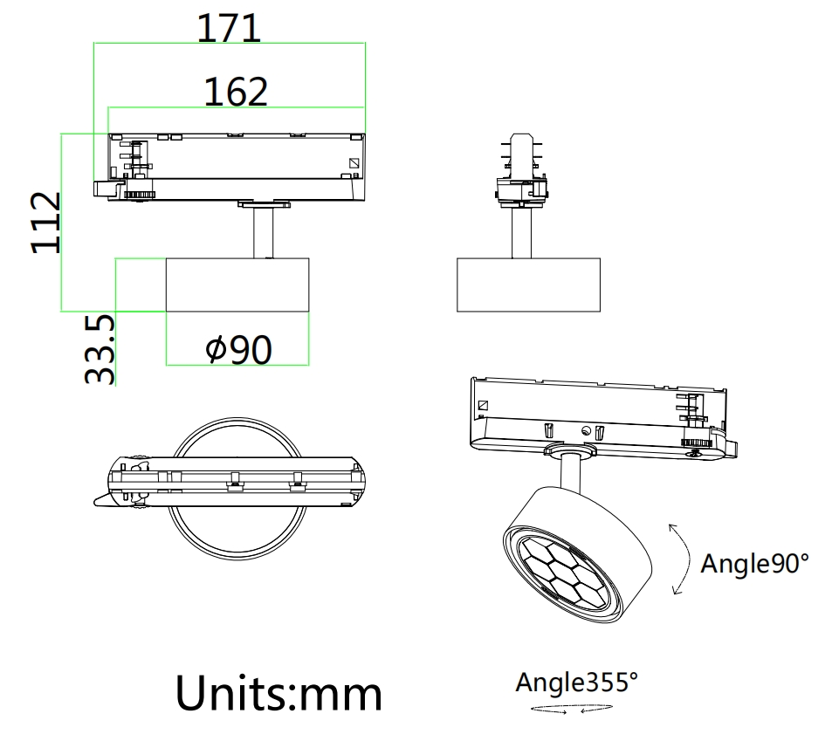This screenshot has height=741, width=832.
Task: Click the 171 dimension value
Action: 229,28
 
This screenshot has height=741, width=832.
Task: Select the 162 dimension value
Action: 236,91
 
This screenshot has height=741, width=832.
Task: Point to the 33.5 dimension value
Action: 100,349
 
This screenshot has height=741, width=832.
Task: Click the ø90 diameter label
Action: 238,350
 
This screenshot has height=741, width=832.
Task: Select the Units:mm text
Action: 278,693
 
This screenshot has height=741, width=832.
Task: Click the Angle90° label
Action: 755,563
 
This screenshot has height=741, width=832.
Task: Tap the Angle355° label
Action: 576,682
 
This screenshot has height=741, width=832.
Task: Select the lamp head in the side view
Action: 528,285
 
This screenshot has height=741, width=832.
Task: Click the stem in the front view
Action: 264,232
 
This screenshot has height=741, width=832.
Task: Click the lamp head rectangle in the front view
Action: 237,284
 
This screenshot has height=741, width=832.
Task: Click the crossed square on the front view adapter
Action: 354,162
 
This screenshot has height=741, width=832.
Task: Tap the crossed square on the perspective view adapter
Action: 482,406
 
